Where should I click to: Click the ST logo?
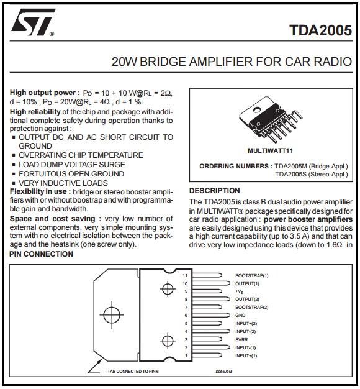pyautogui.click(x=33, y=22)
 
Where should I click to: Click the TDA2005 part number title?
pyautogui.click(x=321, y=30)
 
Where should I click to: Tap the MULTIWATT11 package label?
pyautogui.click(x=270, y=150)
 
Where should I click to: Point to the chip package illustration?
pyautogui.click(x=270, y=119)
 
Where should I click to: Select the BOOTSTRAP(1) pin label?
pyautogui.click(x=252, y=275)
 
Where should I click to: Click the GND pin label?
pyautogui.click(x=240, y=315)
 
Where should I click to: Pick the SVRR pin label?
pyautogui.click(x=241, y=339)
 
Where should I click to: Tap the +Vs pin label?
pyautogui.click(x=240, y=291)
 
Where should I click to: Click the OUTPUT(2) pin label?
pyautogui.click(x=247, y=299)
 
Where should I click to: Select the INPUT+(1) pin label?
pyautogui.click(x=246, y=355)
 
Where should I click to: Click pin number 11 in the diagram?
pyautogui.click(x=185, y=275)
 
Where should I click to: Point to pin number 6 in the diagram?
pyautogui.click(x=186, y=315)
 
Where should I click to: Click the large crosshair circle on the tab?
pyautogui.click(x=112, y=315)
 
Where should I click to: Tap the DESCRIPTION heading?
pyautogui.click(x=215, y=191)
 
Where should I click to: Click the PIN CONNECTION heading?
pyautogui.click(x=41, y=254)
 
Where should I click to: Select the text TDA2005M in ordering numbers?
pyautogui.click(x=290, y=166)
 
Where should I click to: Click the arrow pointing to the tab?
pyautogui.click(x=94, y=367)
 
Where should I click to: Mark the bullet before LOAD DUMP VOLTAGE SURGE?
pyautogui.click(x=14, y=165)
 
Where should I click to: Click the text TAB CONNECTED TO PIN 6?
pyautogui.click(x=133, y=372)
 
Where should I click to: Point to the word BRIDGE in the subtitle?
pyautogui.click(x=163, y=62)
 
